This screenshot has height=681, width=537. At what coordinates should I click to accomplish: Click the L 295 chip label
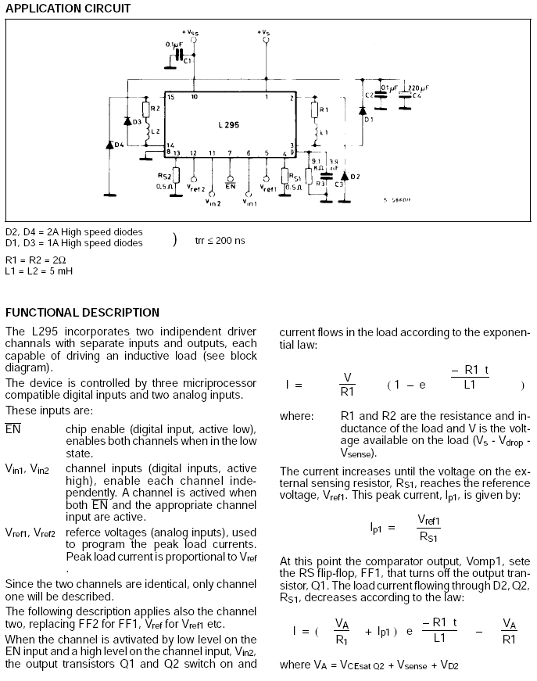click(227, 124)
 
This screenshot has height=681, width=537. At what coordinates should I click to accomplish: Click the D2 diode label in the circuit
click(355, 177)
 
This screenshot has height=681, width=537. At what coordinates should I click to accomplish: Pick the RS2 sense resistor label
click(165, 177)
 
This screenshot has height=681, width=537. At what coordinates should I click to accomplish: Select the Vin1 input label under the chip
click(249, 203)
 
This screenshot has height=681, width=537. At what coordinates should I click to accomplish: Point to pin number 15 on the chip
click(170, 97)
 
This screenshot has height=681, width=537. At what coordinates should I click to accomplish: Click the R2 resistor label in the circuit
click(156, 108)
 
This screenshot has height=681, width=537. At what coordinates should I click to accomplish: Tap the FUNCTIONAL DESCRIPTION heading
click(82, 312)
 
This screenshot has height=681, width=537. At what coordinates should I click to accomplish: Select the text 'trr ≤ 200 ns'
click(220, 240)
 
